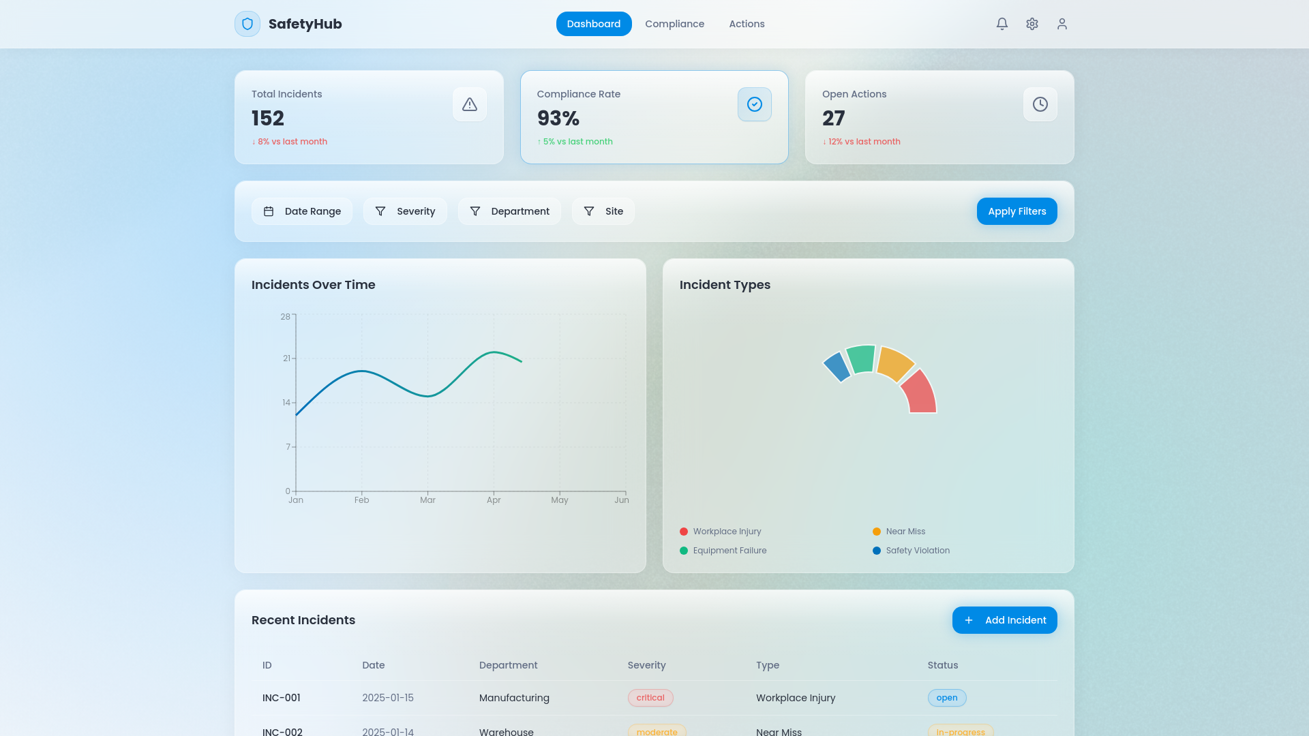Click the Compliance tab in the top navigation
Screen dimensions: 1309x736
pos(674,24)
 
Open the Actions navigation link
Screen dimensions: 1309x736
pos(747,24)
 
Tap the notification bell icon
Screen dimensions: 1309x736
pos(1002,24)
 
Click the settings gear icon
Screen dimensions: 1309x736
pos(1032,24)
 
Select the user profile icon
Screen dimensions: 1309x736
pos(1062,24)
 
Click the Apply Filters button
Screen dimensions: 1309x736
pos(1017,211)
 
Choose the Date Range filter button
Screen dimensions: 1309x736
pos(302,211)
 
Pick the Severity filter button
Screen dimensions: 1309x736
pos(405,211)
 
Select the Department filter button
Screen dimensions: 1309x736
pos(509,211)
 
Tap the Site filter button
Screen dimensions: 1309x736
pos(603,211)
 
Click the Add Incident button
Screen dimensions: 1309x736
pos(1004,620)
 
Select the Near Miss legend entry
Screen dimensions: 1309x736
pos(899,532)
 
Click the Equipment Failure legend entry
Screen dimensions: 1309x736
pos(723,551)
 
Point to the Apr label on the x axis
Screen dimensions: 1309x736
pos(494,500)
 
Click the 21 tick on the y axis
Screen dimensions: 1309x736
pos(286,358)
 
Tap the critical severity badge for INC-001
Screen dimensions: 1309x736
pos(650,698)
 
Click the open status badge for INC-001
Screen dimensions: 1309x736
pos(947,698)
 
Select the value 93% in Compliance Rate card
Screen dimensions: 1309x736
pos(558,119)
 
